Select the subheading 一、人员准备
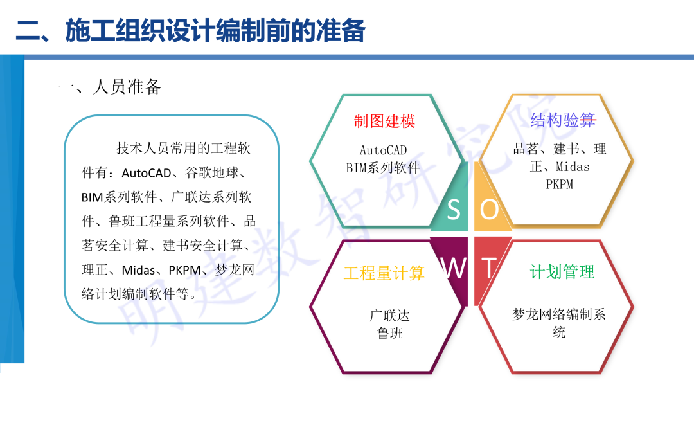[x=109, y=87]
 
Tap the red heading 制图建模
[x=384, y=121]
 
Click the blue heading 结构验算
[x=562, y=120]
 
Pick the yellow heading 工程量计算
[x=384, y=273]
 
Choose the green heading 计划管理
[x=562, y=272]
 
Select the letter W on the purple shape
[x=455, y=268]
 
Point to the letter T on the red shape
[x=490, y=268]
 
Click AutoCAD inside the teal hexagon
[x=383, y=150]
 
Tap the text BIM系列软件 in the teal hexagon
[x=383, y=168]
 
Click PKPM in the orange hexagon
[x=559, y=185]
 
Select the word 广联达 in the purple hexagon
[x=389, y=316]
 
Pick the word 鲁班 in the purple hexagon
[x=389, y=334]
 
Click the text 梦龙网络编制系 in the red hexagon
[x=559, y=314]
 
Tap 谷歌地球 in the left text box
[x=215, y=173]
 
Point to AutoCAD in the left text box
[x=146, y=173]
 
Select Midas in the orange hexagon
[x=573, y=167]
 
